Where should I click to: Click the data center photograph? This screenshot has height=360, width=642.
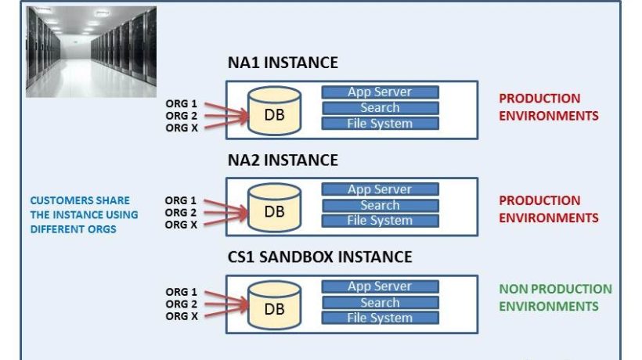click(90, 52)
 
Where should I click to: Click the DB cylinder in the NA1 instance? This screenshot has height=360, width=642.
click(274, 113)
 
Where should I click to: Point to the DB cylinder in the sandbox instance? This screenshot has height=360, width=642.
click(274, 308)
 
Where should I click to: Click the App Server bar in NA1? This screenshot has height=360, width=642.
click(380, 92)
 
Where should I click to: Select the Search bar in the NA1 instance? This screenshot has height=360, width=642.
click(380, 108)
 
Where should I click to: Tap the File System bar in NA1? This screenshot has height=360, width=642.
click(380, 124)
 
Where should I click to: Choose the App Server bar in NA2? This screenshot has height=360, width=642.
click(380, 189)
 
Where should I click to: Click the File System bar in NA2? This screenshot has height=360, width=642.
click(380, 221)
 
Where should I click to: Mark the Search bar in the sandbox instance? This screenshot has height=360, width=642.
click(380, 302)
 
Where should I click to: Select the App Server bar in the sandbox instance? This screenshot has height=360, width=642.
click(380, 286)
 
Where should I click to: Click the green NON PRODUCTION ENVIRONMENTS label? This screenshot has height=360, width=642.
click(555, 297)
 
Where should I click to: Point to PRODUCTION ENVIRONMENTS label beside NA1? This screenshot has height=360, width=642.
click(549, 107)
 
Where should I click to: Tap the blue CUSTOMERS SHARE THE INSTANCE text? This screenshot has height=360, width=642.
click(84, 214)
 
